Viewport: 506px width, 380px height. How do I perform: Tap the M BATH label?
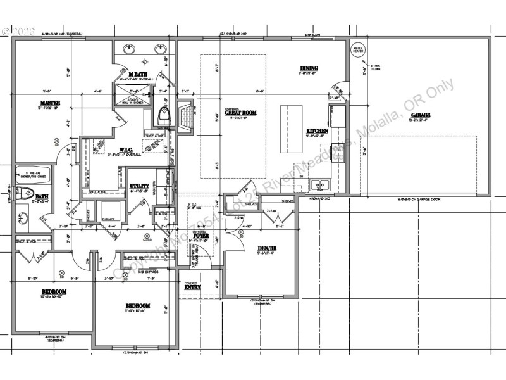pyautogui.click(x=138, y=75)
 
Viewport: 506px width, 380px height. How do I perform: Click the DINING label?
pyautogui.click(x=309, y=68)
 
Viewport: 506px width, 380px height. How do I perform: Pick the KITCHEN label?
pyautogui.click(x=317, y=130)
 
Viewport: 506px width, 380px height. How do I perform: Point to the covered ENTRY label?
pyautogui.click(x=192, y=287)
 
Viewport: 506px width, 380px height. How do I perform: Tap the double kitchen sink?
pyautogui.click(x=321, y=186)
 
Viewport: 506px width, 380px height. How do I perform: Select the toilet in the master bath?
pyautogui.click(x=163, y=115)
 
